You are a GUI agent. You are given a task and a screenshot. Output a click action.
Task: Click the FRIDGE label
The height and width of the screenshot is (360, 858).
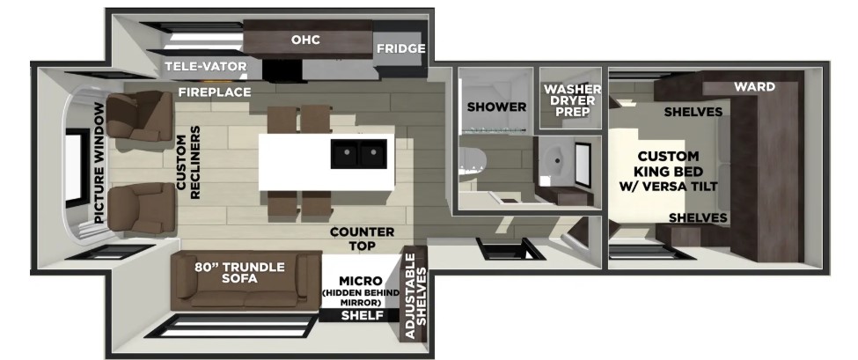tap(400, 48)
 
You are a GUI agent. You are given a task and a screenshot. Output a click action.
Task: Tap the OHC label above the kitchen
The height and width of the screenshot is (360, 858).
tap(305, 40)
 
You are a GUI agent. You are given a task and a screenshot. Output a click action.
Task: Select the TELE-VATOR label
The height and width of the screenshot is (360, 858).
tap(205, 67)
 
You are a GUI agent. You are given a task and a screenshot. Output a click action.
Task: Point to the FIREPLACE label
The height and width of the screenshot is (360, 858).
tap(215, 92)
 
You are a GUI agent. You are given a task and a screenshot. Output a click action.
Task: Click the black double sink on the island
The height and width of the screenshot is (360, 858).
tap(359, 156)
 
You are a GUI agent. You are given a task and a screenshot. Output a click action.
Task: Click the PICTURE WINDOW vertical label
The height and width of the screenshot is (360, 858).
tap(99, 165)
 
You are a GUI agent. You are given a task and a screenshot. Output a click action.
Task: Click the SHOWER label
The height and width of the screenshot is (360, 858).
tap(496, 107)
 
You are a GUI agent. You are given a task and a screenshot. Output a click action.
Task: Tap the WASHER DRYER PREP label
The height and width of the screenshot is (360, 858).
tap(572, 104)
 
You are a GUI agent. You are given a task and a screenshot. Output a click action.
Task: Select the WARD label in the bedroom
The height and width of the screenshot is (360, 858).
tap(754, 86)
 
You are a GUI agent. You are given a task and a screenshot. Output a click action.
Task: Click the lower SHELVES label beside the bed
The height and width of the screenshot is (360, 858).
tap(698, 217)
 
